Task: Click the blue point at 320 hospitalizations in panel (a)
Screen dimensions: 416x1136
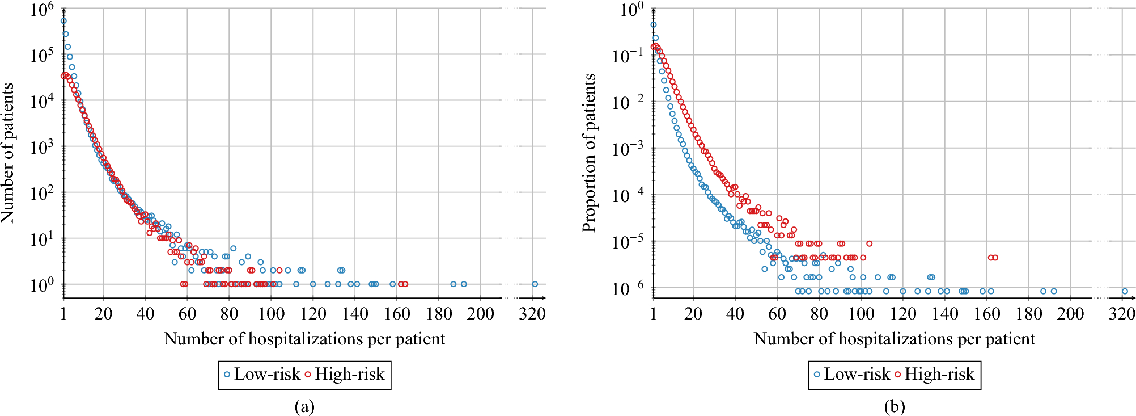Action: pyautogui.click(x=535, y=284)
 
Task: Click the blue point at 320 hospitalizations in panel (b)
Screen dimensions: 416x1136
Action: pyautogui.click(x=1125, y=291)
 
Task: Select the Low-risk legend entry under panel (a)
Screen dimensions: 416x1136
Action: pyautogui.click(x=262, y=375)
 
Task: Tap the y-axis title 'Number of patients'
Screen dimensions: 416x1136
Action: pyautogui.click(x=7, y=153)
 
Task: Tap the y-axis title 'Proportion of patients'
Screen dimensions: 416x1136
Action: pyautogui.click(x=590, y=153)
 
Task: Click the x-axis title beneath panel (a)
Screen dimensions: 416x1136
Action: pyautogui.click(x=304, y=339)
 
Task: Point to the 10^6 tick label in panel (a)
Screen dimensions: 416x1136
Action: pyautogui.click(x=42, y=9)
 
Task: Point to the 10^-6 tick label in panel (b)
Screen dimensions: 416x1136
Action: pyautogui.click(x=628, y=288)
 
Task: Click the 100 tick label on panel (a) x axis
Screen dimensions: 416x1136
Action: pyautogui.click(x=271, y=313)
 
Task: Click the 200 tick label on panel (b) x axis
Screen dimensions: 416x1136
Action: pyautogui.click(x=1071, y=313)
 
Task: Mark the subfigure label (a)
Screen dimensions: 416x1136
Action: pyautogui.click(x=304, y=406)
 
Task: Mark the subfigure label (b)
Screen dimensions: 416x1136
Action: pyautogui.click(x=895, y=406)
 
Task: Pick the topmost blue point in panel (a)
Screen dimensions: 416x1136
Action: pyautogui.click(x=63, y=21)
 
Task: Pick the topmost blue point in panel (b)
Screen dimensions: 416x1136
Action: pyautogui.click(x=654, y=24)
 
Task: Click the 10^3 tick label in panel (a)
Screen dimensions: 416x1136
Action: pyautogui.click(x=42, y=148)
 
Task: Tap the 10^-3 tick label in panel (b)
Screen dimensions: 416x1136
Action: pyautogui.click(x=628, y=149)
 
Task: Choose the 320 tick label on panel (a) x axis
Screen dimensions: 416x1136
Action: pyautogui.click(x=532, y=313)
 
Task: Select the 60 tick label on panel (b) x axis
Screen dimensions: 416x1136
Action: pyautogui.click(x=777, y=313)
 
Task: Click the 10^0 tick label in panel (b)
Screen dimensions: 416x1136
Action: pyautogui.click(x=631, y=10)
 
